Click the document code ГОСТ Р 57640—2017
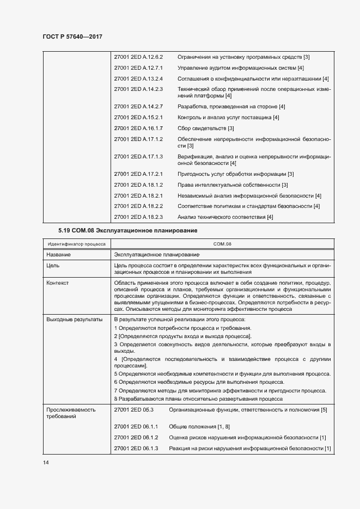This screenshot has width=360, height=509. point(72,36)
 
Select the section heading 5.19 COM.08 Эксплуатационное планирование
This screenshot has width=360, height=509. point(127,231)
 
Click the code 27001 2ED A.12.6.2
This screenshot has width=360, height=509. point(139,57)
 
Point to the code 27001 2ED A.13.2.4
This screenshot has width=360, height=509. point(139,78)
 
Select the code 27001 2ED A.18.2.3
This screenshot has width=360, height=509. point(139,217)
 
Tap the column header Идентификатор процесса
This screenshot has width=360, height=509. point(76,244)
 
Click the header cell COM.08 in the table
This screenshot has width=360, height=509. point(223,244)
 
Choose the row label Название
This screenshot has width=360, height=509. point(58,254)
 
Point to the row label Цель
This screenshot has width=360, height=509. point(53,265)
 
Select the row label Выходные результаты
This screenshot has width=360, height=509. point(74,319)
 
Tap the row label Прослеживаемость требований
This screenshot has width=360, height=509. point(71,413)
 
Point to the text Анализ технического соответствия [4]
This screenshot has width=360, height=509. point(225,217)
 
